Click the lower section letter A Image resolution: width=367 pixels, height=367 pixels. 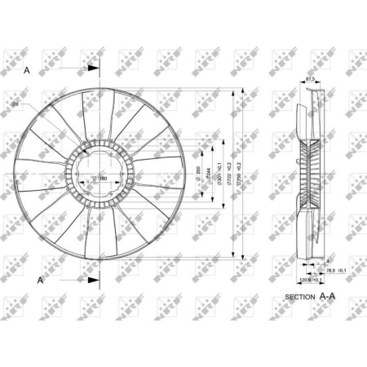tap(40, 280)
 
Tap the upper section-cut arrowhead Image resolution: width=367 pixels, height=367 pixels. tap(95, 71)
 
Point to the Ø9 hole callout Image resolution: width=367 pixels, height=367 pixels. tap(38, 104)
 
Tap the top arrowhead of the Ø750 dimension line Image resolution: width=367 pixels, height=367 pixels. tap(243, 91)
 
